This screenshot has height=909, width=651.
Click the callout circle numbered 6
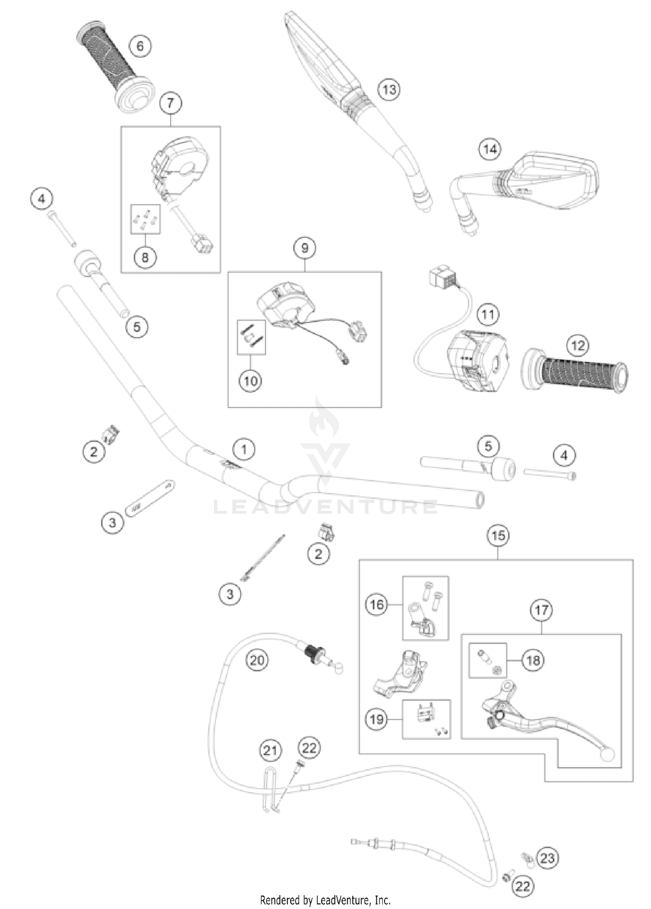click(140, 46)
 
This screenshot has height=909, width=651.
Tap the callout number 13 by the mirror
click(388, 89)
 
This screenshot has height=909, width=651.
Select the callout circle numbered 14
click(490, 149)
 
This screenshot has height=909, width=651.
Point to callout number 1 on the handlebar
click(243, 449)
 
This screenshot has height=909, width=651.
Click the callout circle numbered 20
click(257, 660)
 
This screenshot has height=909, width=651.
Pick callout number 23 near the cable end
click(547, 858)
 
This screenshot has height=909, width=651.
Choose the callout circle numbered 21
click(270, 750)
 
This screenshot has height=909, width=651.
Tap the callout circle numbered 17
click(541, 610)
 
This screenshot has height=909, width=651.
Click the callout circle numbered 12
click(577, 346)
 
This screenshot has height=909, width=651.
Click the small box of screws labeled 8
click(145, 219)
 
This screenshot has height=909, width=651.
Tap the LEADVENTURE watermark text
click(325, 507)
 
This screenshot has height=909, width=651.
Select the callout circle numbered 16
click(376, 604)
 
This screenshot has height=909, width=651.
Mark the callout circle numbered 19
click(376, 719)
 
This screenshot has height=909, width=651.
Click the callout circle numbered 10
click(250, 381)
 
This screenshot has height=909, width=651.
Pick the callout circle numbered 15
click(498, 535)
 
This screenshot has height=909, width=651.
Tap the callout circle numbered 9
click(304, 248)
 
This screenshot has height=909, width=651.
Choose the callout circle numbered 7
click(170, 103)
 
